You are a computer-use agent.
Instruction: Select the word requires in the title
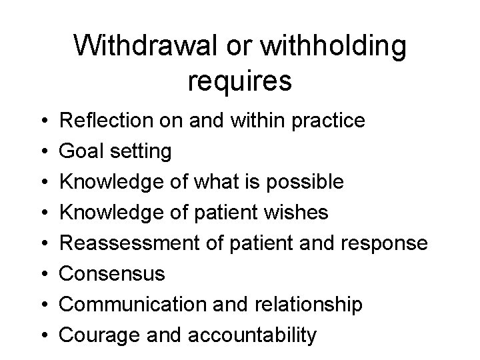coord(240,81)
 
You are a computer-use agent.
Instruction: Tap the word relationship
coord(307,305)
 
